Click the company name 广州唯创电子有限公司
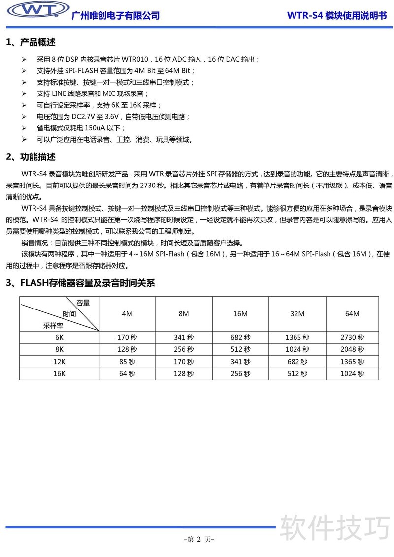[116, 15]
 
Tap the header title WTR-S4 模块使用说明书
[336, 15]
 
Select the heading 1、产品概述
[31, 42]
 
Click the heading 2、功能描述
[31, 157]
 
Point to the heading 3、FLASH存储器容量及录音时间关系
[80, 283]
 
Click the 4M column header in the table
[127, 314]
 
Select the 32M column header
[297, 314]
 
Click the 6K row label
[59, 337]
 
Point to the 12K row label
[59, 362]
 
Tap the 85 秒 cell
[127, 362]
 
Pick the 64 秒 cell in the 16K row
[127, 374]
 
